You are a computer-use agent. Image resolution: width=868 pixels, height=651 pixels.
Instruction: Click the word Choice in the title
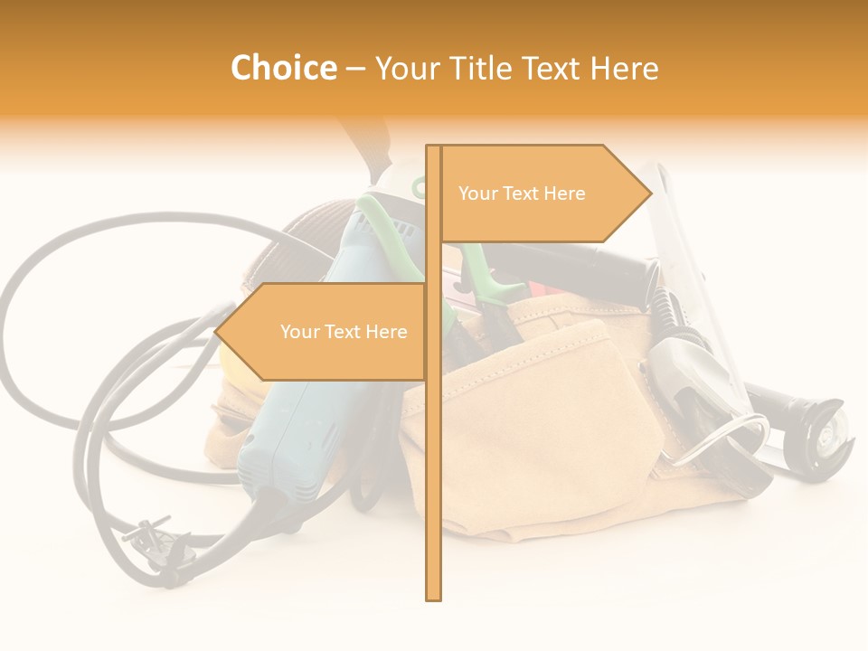(283, 69)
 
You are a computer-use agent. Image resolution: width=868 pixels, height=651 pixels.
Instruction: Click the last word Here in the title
(624, 69)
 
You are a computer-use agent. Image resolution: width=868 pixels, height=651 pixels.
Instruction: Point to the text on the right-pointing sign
(522, 193)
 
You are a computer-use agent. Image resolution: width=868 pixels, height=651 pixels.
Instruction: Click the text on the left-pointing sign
(344, 332)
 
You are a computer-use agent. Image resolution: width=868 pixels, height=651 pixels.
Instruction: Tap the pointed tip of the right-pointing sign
(649, 192)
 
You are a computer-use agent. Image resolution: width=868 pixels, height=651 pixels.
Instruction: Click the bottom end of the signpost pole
(433, 597)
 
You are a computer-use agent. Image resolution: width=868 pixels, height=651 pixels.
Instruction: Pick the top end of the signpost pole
(433, 148)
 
